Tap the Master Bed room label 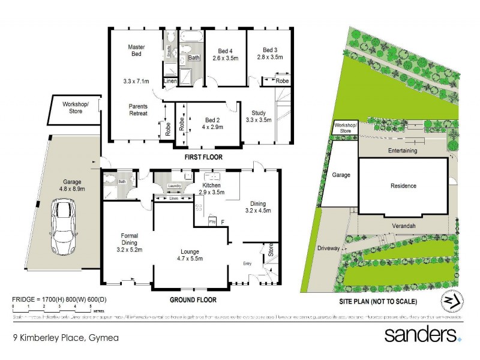pyautogui.click(x=137, y=52)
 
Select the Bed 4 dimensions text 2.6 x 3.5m pyautogui.click(x=226, y=59)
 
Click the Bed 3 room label pyautogui.click(x=270, y=49)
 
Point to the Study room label pyautogui.click(x=259, y=112)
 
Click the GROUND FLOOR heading pyautogui.click(x=193, y=299)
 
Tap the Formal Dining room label pyautogui.click(x=130, y=239)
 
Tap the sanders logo pyautogui.click(x=423, y=334)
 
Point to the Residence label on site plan pyautogui.click(x=403, y=186)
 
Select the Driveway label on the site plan pyautogui.click(x=329, y=248)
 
